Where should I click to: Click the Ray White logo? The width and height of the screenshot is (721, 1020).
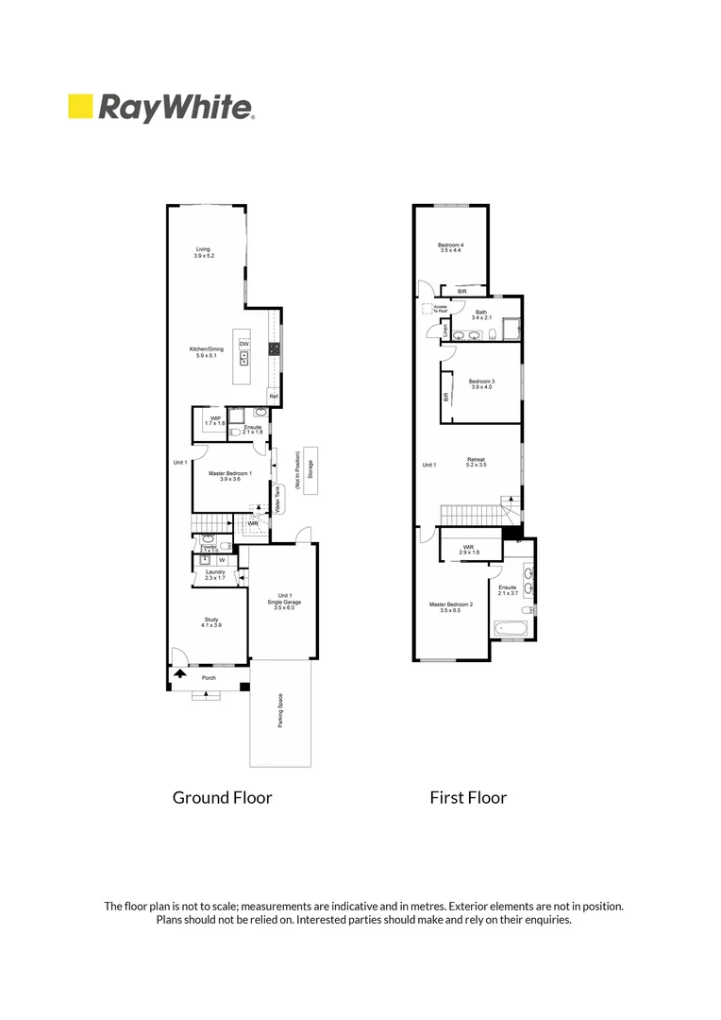pyautogui.click(x=160, y=107)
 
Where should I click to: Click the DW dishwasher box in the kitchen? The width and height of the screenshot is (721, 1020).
pyautogui.click(x=243, y=343)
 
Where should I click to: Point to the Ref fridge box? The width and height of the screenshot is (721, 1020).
pyautogui.click(x=273, y=396)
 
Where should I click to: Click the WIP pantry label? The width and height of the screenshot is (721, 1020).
pyautogui.click(x=214, y=420)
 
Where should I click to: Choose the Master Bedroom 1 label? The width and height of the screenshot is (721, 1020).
pyautogui.click(x=225, y=476)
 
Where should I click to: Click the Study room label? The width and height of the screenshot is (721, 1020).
pyautogui.click(x=210, y=621)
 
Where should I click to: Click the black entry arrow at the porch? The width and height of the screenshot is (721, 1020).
pyautogui.click(x=179, y=674)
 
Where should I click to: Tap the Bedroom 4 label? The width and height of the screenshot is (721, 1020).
pyautogui.click(x=450, y=248)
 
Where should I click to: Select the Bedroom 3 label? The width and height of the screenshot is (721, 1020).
pyautogui.click(x=481, y=383)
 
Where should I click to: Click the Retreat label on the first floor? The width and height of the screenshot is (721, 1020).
pyautogui.click(x=476, y=462)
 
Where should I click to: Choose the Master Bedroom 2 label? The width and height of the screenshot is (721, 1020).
pyautogui.click(x=451, y=607)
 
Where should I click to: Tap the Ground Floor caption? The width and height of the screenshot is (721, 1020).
pyautogui.click(x=222, y=797)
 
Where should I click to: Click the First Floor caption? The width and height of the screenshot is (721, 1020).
pyautogui.click(x=468, y=797)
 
